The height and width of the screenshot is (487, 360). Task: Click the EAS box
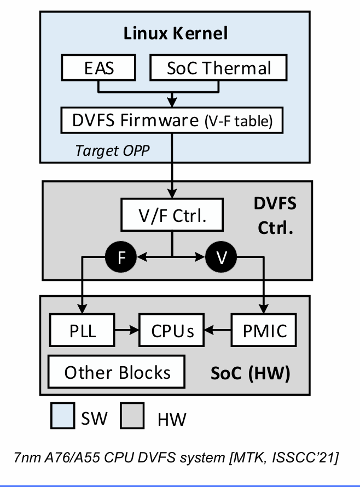click(99, 69)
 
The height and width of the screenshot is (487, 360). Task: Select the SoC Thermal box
click(218, 69)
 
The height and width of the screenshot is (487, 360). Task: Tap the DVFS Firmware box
click(172, 120)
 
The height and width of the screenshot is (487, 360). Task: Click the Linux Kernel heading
click(176, 33)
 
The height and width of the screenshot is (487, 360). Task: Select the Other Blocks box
click(117, 372)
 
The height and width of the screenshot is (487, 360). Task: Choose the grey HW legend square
click(130, 418)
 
